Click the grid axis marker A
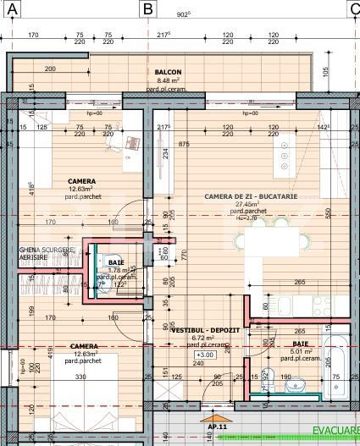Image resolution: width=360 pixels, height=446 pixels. pyautogui.click(x=13, y=8)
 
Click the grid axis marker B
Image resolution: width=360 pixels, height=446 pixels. pyautogui.click(x=148, y=8)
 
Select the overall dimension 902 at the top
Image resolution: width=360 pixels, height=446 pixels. pyautogui.click(x=183, y=14)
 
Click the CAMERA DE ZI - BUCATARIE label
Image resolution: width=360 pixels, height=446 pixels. pyautogui.click(x=251, y=195)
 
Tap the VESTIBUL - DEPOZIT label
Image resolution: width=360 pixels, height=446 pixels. pyautogui.click(x=205, y=328)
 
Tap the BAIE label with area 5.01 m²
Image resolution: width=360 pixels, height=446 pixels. pyautogui.click(x=300, y=344)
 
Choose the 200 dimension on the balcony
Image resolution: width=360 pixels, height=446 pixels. pyautogui.click(x=49, y=69)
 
